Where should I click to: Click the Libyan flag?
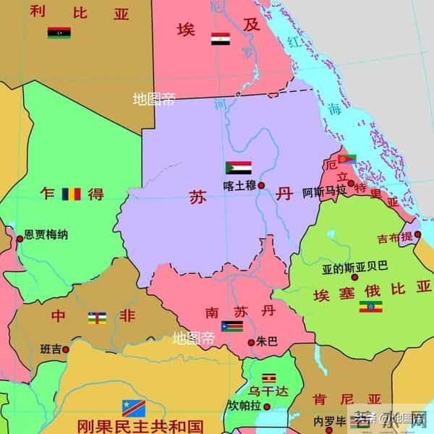[59, 33]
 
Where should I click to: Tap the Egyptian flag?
[220, 38]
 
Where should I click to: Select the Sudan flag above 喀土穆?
[239, 168]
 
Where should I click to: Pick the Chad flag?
[70, 194]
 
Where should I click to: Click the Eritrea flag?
[347, 159]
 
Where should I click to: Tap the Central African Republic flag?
[97, 317]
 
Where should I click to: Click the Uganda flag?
[269, 377]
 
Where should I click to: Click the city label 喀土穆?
[239, 185]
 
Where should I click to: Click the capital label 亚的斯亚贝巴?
[355, 266]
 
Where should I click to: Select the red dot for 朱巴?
[251, 341]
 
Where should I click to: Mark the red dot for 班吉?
[66, 349]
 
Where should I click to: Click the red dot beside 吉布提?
[417, 234]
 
